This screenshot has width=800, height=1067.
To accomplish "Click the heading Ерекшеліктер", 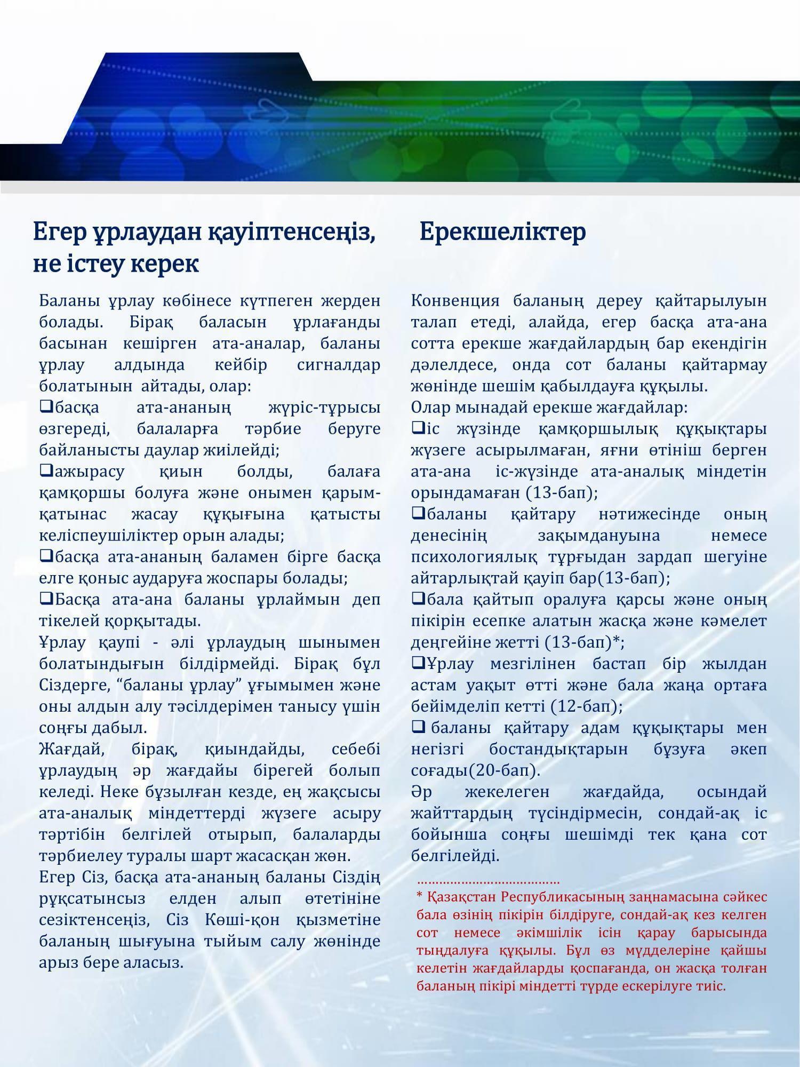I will click(x=502, y=232).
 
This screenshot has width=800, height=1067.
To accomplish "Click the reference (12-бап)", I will click(x=587, y=707).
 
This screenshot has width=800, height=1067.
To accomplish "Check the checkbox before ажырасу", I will click(x=46, y=471).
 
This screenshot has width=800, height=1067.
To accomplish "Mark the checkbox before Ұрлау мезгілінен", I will click(x=418, y=663).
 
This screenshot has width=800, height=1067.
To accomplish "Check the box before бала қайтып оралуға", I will click(x=418, y=599).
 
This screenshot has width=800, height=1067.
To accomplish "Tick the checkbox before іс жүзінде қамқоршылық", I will click(x=418, y=428).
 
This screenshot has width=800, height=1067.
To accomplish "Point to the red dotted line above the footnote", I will click(x=488, y=883).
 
